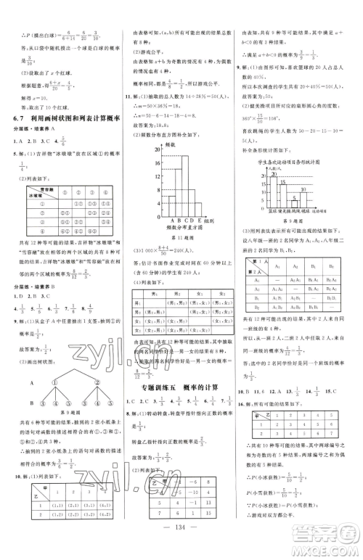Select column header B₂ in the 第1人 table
pos(330,267)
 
